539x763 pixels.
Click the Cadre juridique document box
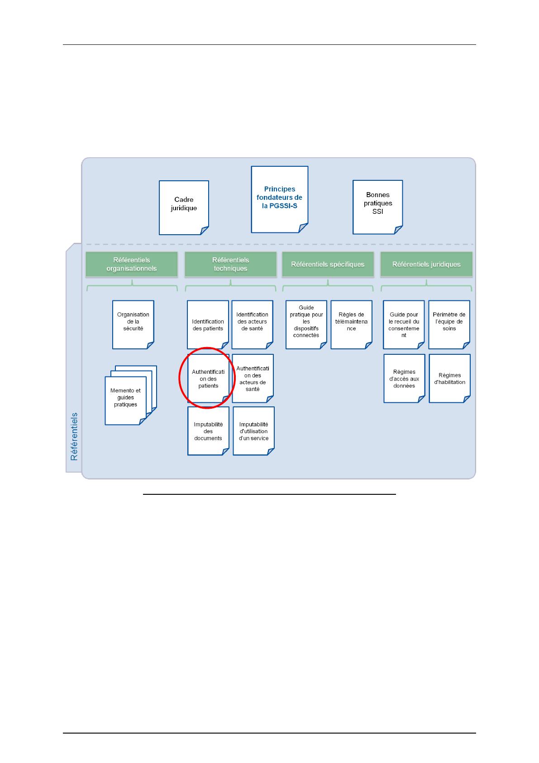click(184, 208)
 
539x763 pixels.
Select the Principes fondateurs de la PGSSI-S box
click(279, 199)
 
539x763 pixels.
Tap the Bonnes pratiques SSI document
click(378, 207)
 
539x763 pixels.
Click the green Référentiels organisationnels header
click(132, 264)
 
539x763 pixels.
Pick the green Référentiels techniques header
click(230, 264)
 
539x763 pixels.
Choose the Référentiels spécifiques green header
click(328, 264)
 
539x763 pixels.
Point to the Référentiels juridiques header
click(426, 264)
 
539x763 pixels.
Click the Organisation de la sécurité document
click(133, 324)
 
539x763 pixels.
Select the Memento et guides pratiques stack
click(131, 395)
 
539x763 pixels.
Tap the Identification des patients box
click(208, 324)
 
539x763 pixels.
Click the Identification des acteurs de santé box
click(252, 324)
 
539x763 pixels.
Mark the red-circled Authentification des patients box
click(208, 378)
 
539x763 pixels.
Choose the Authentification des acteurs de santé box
click(253, 378)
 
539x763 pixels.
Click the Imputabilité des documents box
click(208, 431)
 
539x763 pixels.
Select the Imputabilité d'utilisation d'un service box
click(253, 431)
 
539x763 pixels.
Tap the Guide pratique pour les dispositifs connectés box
click(306, 324)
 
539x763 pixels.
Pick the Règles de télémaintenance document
click(351, 324)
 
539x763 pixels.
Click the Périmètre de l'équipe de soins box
click(449, 324)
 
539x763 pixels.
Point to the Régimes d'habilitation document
click(449, 378)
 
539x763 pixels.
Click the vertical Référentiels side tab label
click(74, 436)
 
